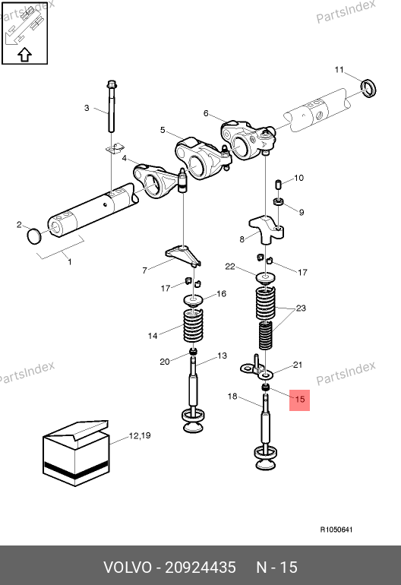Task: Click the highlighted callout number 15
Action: coord(299,399)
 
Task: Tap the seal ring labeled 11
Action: coord(369,88)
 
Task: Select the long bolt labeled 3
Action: coord(112,106)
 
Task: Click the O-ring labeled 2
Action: coord(34,236)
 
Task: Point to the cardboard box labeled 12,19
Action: coord(76,454)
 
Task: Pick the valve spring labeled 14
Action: coord(194,326)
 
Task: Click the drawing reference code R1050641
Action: coord(336,530)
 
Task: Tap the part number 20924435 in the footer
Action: coord(200,568)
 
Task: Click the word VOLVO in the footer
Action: coord(128,568)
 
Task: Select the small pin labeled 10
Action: coord(278,185)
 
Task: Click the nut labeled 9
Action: coord(279,202)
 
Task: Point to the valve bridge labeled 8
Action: coord(266,229)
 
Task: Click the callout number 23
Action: coord(301,308)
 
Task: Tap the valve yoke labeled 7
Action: coord(183,255)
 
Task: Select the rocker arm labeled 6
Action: coord(248,140)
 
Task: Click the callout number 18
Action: coord(232,397)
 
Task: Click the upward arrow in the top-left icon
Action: coord(24,55)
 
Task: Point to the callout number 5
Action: coord(163,130)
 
